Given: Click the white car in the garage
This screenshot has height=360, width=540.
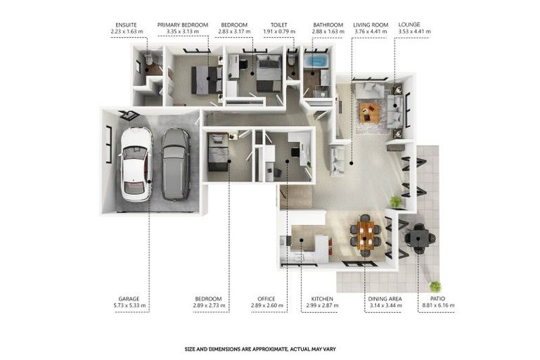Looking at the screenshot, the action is pyautogui.click(x=136, y=165).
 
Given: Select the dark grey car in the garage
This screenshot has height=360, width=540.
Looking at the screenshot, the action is pyautogui.click(x=176, y=165).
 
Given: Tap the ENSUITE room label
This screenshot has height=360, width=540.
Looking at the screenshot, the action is pyautogui.click(x=126, y=25).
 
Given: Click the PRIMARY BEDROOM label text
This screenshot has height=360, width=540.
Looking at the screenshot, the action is pyautogui.click(x=183, y=25).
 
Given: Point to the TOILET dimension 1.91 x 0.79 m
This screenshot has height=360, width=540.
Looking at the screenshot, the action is pyautogui.click(x=279, y=32).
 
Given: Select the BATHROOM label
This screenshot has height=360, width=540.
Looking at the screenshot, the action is pyautogui.click(x=328, y=25).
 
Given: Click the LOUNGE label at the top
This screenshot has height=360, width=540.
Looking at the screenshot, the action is pyautogui.click(x=409, y=25).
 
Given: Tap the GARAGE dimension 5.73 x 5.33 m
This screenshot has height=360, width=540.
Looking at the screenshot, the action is pyautogui.click(x=129, y=305).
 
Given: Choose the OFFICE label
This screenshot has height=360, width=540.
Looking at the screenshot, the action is pyautogui.click(x=266, y=299).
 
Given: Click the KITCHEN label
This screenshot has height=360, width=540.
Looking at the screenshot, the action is pyautogui.click(x=322, y=299).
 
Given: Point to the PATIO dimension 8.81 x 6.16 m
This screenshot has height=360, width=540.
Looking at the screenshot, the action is pyautogui.click(x=438, y=305).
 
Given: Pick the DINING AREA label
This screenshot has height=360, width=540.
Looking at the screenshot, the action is pyautogui.click(x=385, y=299).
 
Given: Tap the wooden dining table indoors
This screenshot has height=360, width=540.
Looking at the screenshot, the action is pyautogui.click(x=366, y=236).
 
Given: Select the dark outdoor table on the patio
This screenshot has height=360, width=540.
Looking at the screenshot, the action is pyautogui.click(x=420, y=238).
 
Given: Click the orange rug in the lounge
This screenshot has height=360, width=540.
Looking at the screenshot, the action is pyautogui.click(x=370, y=112).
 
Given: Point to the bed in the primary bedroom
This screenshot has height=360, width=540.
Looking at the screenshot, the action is pyautogui.click(x=206, y=79).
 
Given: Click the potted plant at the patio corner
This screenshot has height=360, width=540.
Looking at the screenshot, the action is pyautogui.click(x=436, y=286).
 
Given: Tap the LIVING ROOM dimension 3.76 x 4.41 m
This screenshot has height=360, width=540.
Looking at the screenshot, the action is pyautogui.click(x=371, y=32).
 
